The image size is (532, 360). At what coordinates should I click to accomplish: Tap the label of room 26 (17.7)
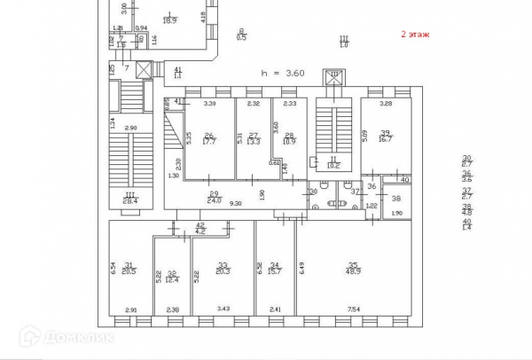click(210, 137)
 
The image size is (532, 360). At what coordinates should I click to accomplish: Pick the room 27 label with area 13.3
click(253, 137)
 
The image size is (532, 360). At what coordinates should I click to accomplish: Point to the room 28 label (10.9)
click(289, 138)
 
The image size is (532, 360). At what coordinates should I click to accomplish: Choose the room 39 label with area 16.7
click(386, 136)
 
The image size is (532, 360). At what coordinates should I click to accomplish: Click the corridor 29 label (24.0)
click(214, 197)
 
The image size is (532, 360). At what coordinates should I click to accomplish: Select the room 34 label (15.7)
click(275, 268)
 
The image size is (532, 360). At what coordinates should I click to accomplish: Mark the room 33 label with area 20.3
click(223, 268)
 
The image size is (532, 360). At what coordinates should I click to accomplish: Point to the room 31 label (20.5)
click(129, 268)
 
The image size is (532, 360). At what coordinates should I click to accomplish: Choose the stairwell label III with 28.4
click(129, 198)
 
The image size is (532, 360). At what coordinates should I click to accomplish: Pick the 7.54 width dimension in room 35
click(352, 309)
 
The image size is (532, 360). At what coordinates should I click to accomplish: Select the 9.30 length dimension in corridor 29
click(237, 204)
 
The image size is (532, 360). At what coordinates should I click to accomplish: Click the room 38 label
click(396, 199)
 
